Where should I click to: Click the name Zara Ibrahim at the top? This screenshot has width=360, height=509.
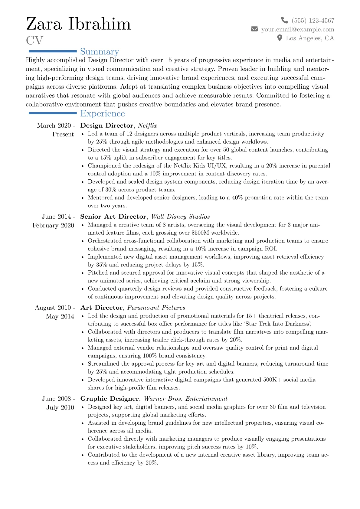click(78, 24)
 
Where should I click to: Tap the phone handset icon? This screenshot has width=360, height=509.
click(284, 20)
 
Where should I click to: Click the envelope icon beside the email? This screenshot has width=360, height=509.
click(254, 29)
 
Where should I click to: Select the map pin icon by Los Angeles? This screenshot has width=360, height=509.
click(280, 38)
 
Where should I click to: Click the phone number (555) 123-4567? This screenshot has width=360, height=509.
click(313, 21)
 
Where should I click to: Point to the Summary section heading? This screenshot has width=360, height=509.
click(100, 52)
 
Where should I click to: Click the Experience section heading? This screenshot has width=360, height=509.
click(102, 113)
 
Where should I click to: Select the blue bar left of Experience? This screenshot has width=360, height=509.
click(52, 113)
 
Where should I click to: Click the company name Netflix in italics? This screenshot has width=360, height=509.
click(147, 126)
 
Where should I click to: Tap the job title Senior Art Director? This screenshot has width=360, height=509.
click(113, 217)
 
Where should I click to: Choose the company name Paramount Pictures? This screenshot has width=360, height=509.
click(156, 308)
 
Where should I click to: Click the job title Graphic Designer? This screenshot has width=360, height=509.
click(110, 399)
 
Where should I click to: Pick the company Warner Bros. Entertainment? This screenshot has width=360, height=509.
click(185, 399)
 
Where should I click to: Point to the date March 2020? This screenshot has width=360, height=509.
click(54, 126)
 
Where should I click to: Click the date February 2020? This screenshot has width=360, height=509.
click(53, 225)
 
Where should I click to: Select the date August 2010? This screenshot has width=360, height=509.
click(53, 308)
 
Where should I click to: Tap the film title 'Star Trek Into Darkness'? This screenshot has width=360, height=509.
click(278, 324)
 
